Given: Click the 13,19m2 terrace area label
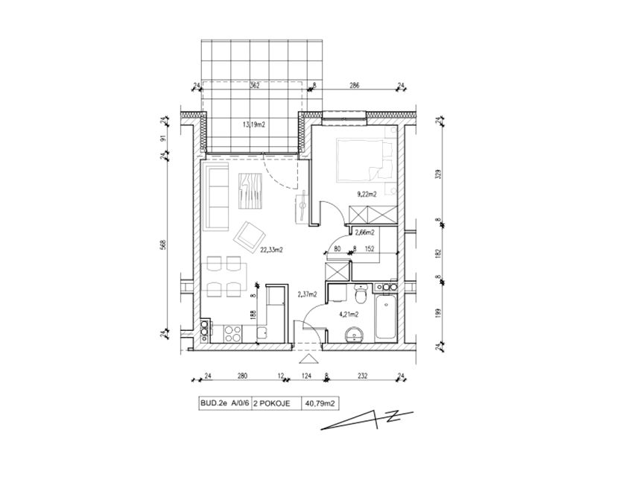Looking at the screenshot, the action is [x=253, y=124].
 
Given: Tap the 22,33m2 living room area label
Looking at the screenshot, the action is [x=272, y=250].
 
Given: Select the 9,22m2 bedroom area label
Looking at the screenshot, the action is [x=367, y=195].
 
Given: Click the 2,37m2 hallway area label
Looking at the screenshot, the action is [x=307, y=294].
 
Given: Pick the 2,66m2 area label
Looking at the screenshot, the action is [x=365, y=233].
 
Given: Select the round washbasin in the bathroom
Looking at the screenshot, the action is [x=354, y=335].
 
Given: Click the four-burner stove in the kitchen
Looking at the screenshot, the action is [x=233, y=334].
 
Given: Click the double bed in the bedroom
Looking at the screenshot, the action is [x=361, y=159].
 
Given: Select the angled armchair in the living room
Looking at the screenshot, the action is [x=250, y=235].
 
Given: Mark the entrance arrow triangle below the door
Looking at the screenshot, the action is [x=308, y=359].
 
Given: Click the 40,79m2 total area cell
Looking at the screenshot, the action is [x=320, y=404].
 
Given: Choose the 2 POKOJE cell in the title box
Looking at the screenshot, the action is [x=276, y=404].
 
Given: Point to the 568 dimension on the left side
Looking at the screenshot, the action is [x=164, y=245].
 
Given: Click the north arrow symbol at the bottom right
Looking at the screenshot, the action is [x=367, y=420].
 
